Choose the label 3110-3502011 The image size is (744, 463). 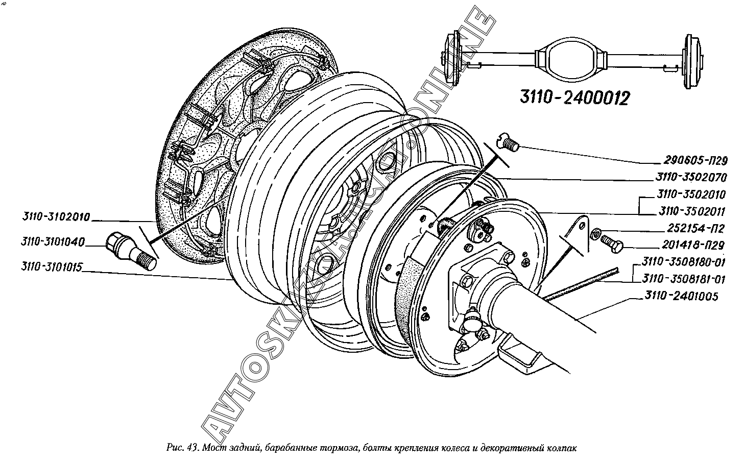click(x=692, y=211)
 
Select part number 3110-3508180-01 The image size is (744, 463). click(x=684, y=262)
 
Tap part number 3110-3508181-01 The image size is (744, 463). click(x=684, y=279)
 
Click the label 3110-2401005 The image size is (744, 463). click(x=681, y=296)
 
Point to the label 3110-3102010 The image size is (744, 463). click(x=56, y=217)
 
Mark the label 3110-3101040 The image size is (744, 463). click(x=53, y=241)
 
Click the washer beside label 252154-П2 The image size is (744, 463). click(x=596, y=234)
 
